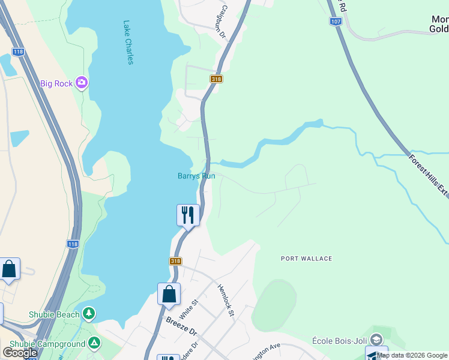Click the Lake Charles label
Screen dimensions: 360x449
pyautogui.click(x=128, y=43)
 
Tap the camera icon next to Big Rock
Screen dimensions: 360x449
pyautogui.click(x=82, y=83)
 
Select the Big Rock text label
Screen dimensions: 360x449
pyautogui.click(x=56, y=83)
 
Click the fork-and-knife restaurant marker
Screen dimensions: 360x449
pyautogui.click(x=188, y=215)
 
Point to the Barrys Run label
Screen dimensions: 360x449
pyautogui.click(x=196, y=176)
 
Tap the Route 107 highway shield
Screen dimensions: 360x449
pyautogui.click(x=336, y=21)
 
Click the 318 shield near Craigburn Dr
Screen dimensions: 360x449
pyautogui.click(x=216, y=79)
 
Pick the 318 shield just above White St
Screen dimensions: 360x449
pyautogui.click(x=175, y=261)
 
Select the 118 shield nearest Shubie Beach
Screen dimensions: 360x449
pyautogui.click(x=73, y=244)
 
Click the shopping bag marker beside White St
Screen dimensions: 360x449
pyautogui.click(x=169, y=294)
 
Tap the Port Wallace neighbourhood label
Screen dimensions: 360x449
pyautogui.click(x=306, y=259)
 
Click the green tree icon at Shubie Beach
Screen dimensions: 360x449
pyautogui.click(x=89, y=313)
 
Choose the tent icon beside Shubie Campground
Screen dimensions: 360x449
pyautogui.click(x=94, y=343)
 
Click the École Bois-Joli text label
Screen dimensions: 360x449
pyautogui.click(x=339, y=340)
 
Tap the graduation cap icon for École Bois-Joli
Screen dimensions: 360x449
pyautogui.click(x=376, y=340)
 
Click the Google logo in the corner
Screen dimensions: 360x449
pyautogui.click(x=20, y=352)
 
